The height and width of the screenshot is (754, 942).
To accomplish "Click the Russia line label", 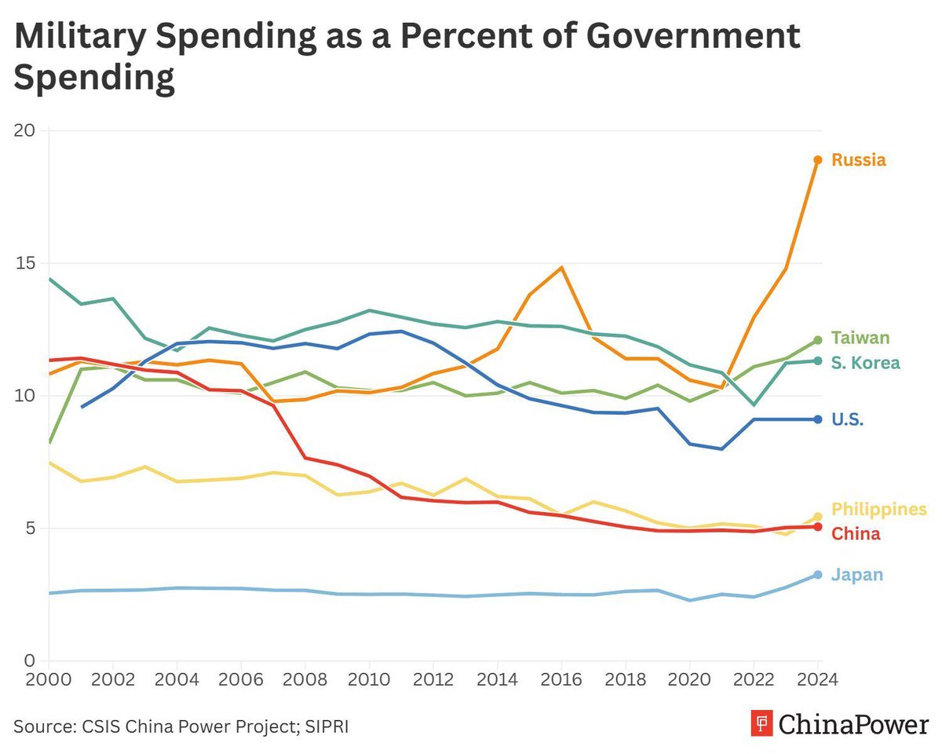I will tap(859, 160).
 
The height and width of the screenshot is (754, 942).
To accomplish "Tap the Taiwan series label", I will tap(860, 339).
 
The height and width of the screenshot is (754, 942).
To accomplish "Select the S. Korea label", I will tap(865, 363).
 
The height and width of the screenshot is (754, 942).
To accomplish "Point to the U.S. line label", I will tap(848, 419).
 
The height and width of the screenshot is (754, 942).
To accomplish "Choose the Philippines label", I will tap(879, 509).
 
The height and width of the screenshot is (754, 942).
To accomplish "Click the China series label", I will tap(856, 534).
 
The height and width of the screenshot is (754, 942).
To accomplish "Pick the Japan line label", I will tap(857, 575).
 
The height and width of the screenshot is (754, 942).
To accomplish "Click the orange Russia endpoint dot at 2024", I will tap(818, 160).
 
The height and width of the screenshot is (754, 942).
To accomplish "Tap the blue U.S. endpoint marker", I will tap(818, 419).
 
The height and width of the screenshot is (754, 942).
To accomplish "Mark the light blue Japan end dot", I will tap(818, 575).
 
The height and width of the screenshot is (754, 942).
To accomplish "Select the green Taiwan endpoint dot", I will tap(818, 340).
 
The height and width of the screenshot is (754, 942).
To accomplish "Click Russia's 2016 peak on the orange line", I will tap(561, 268).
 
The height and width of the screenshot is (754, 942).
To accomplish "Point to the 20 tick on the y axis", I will tap(27, 130).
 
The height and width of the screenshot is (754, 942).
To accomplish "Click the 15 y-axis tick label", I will tap(27, 263).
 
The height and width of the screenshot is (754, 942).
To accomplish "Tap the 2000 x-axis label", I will tap(49, 679).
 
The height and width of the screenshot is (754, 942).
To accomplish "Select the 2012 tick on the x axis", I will tap(433, 679).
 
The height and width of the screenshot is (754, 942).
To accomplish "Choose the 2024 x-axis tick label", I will tap(817, 679).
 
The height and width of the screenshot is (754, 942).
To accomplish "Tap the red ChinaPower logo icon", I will tap(761, 723).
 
